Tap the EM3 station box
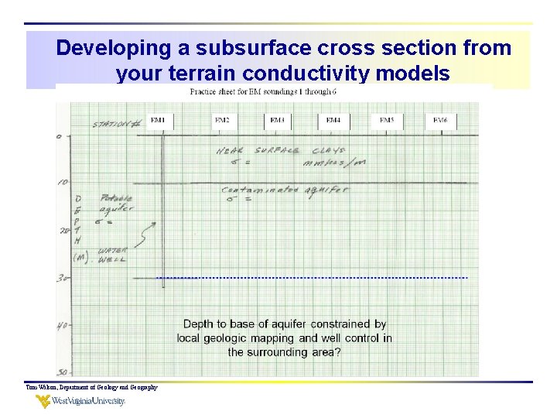pyautogui.click(x=277, y=121)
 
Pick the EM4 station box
pyautogui.click(x=333, y=121)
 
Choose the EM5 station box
pyautogui.click(x=387, y=121)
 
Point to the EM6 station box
pyautogui.click(x=440, y=121)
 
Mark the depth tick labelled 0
pyautogui.click(x=60, y=137)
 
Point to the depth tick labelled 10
pyautogui.click(x=63, y=183)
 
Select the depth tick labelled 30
pyautogui.click(x=62, y=278)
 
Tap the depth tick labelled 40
pyautogui.click(x=62, y=326)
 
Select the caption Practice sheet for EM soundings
pyautogui.click(x=263, y=92)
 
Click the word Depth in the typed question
pyautogui.click(x=200, y=324)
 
